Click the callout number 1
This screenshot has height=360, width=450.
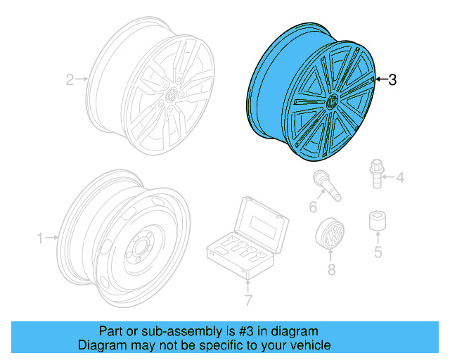point(40,238)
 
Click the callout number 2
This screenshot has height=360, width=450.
point(70,79)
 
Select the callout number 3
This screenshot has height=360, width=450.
point(392,80)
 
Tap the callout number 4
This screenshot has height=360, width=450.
point(400,178)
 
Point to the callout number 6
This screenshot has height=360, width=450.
point(314,206)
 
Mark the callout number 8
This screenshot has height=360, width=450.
point(331,269)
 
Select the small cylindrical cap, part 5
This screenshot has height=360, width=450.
point(377,221)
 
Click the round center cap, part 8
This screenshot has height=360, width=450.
point(330,235)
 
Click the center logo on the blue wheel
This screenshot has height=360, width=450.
point(330,103)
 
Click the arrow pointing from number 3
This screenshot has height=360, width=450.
point(380,79)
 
